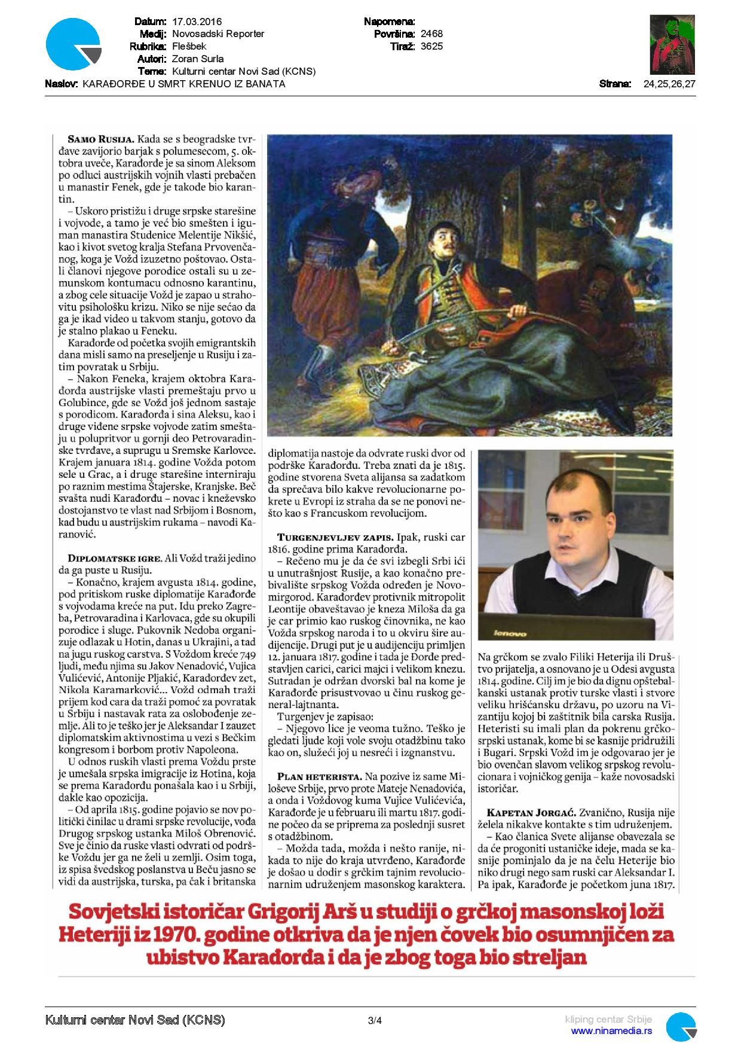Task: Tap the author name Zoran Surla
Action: [197, 59]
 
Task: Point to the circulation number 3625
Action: [431, 46]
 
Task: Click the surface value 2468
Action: [431, 33]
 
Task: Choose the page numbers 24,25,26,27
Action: [669, 84]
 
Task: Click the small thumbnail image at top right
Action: [672, 45]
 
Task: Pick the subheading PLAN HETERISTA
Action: [315, 777]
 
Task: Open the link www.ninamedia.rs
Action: [611, 1031]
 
